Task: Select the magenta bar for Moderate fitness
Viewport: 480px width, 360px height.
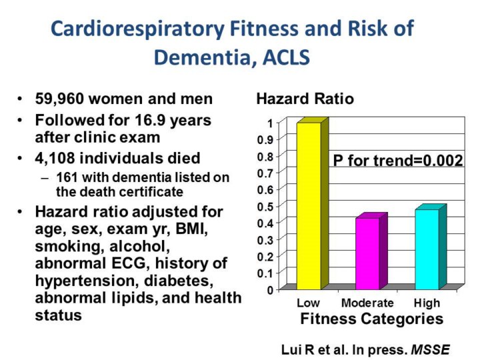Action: (367, 253)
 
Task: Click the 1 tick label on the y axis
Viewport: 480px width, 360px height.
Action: (269, 123)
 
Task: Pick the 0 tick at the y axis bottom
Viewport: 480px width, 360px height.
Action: (269, 290)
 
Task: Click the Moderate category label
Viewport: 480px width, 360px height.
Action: (367, 303)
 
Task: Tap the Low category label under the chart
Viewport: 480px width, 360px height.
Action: (308, 303)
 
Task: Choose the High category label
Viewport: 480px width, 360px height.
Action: (427, 303)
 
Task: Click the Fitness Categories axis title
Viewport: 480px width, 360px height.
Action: (371, 319)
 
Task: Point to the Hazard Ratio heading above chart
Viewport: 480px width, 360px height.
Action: (305, 99)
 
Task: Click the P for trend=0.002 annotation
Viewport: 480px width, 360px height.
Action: (398, 160)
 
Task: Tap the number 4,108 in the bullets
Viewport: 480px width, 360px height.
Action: (57, 159)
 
